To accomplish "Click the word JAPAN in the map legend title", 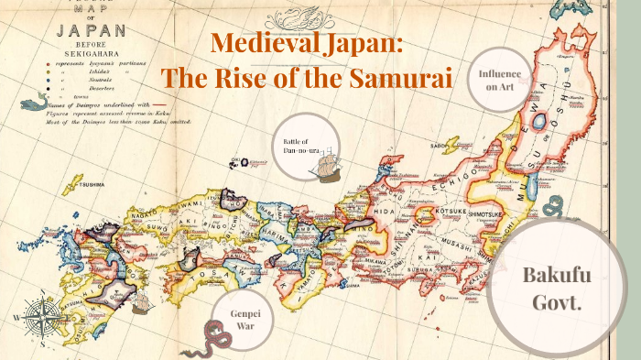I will point(89,30).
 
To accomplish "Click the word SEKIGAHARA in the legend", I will point(92,54).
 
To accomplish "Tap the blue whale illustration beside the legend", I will point(34,103).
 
